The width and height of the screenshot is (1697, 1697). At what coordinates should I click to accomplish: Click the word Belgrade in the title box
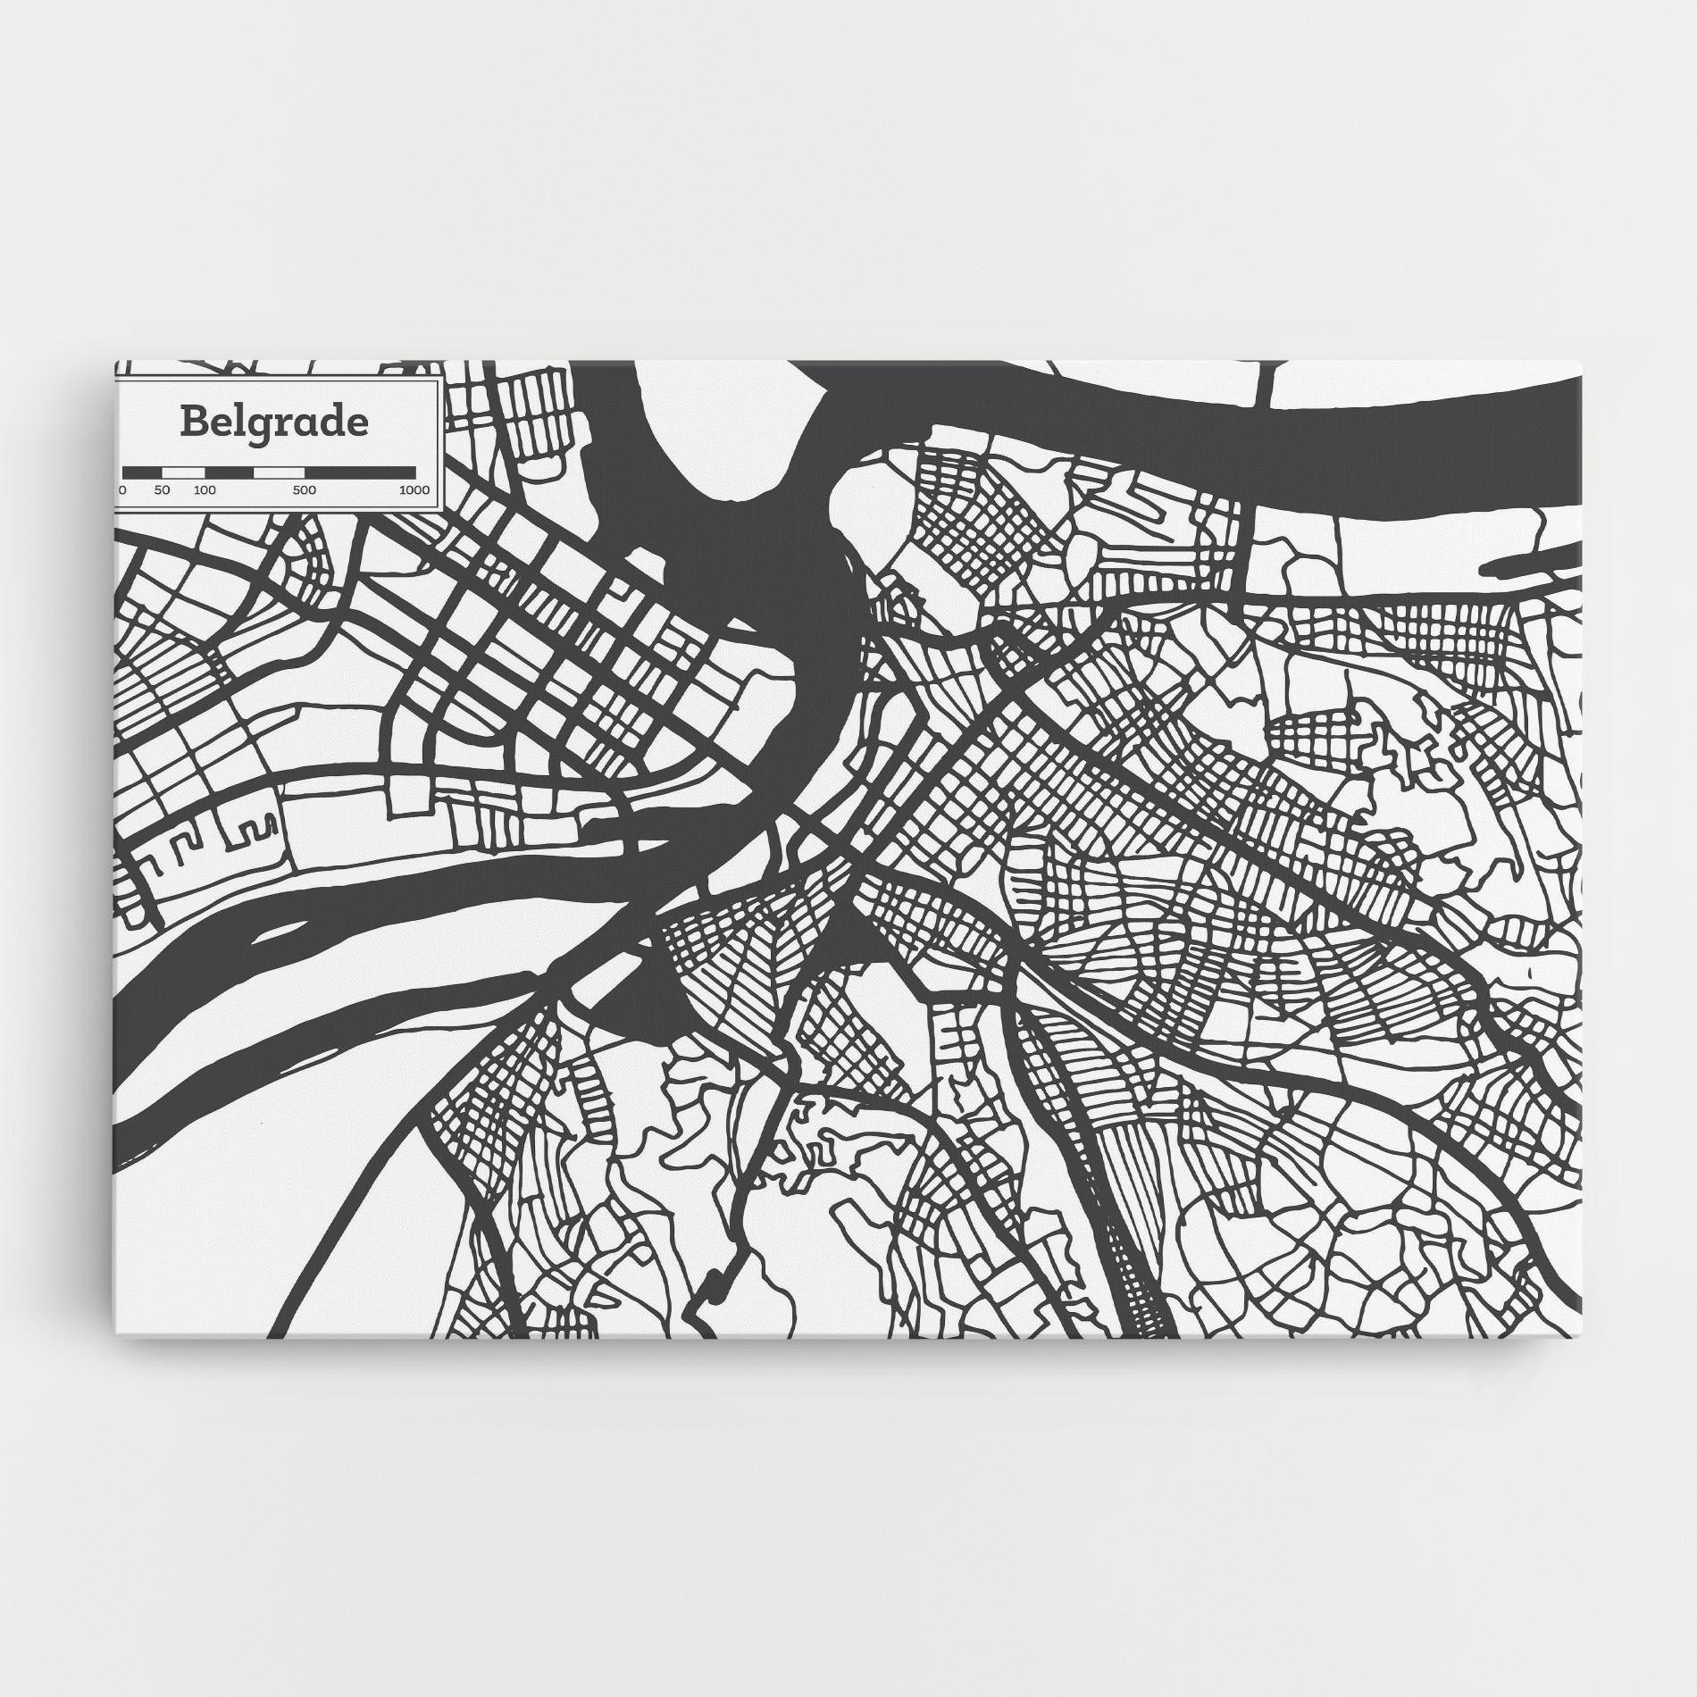click(x=273, y=422)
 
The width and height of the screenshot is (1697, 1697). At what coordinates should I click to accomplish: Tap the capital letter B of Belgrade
click(x=191, y=422)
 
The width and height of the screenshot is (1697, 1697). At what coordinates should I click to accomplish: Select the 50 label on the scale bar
click(x=162, y=490)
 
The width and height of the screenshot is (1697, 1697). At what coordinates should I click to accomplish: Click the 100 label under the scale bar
click(x=205, y=490)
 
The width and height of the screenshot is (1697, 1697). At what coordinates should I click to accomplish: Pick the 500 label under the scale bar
click(x=304, y=490)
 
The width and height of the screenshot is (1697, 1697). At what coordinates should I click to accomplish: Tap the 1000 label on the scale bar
click(x=414, y=490)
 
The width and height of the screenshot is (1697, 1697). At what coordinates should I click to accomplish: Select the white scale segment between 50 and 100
click(x=183, y=472)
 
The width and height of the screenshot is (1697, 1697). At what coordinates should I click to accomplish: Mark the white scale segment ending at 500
click(x=279, y=472)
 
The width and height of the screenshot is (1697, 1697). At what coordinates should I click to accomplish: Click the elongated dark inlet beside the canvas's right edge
click(x=1527, y=563)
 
